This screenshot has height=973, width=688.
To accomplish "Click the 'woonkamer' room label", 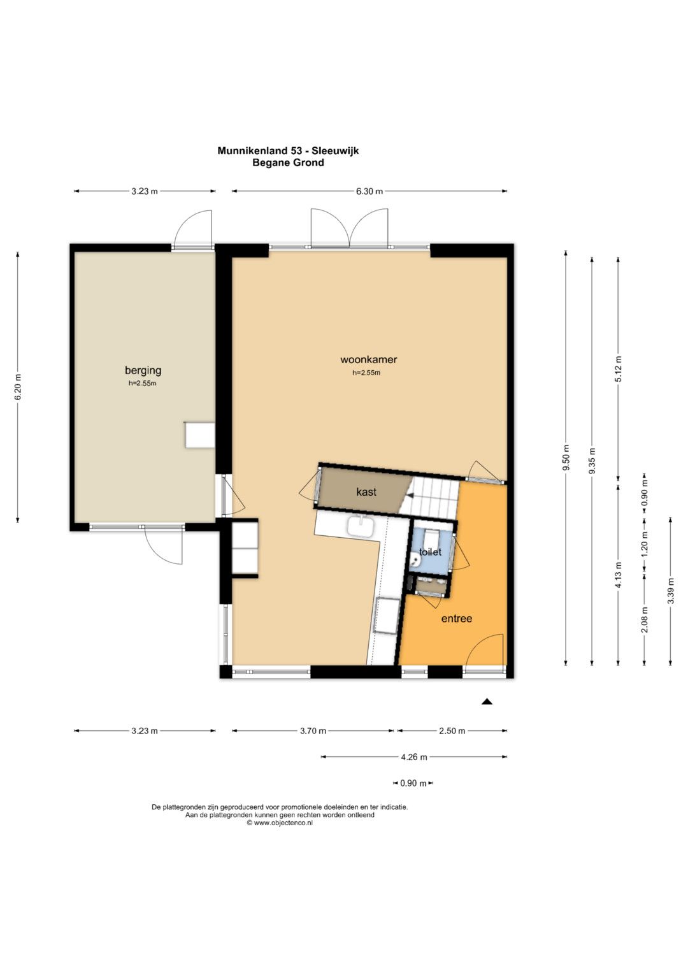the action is [368, 359].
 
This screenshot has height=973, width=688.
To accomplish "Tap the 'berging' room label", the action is [143, 370].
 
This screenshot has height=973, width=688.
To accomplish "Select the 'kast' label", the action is [366, 492].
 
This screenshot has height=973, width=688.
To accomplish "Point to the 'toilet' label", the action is [430, 552].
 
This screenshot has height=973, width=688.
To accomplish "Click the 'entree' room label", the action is [457, 619].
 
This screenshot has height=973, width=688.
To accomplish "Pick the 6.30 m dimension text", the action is [369, 191].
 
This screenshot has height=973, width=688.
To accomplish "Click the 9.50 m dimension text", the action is [566, 458].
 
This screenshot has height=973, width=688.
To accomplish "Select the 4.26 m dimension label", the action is [413, 757].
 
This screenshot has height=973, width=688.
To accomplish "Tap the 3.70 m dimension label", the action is [313, 731].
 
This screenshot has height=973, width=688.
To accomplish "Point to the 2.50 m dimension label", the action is [452, 731].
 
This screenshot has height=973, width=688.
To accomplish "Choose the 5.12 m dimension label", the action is [619, 369].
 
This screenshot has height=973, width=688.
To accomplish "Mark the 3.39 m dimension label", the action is [671, 591].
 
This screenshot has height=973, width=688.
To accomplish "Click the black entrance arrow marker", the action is [487, 701].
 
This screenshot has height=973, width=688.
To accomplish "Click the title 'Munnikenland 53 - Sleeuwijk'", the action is [288, 151].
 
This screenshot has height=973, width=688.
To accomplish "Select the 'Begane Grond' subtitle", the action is [288, 163].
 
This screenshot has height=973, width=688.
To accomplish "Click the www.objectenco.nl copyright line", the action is [280, 823].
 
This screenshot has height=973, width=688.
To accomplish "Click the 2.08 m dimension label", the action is [645, 620].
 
